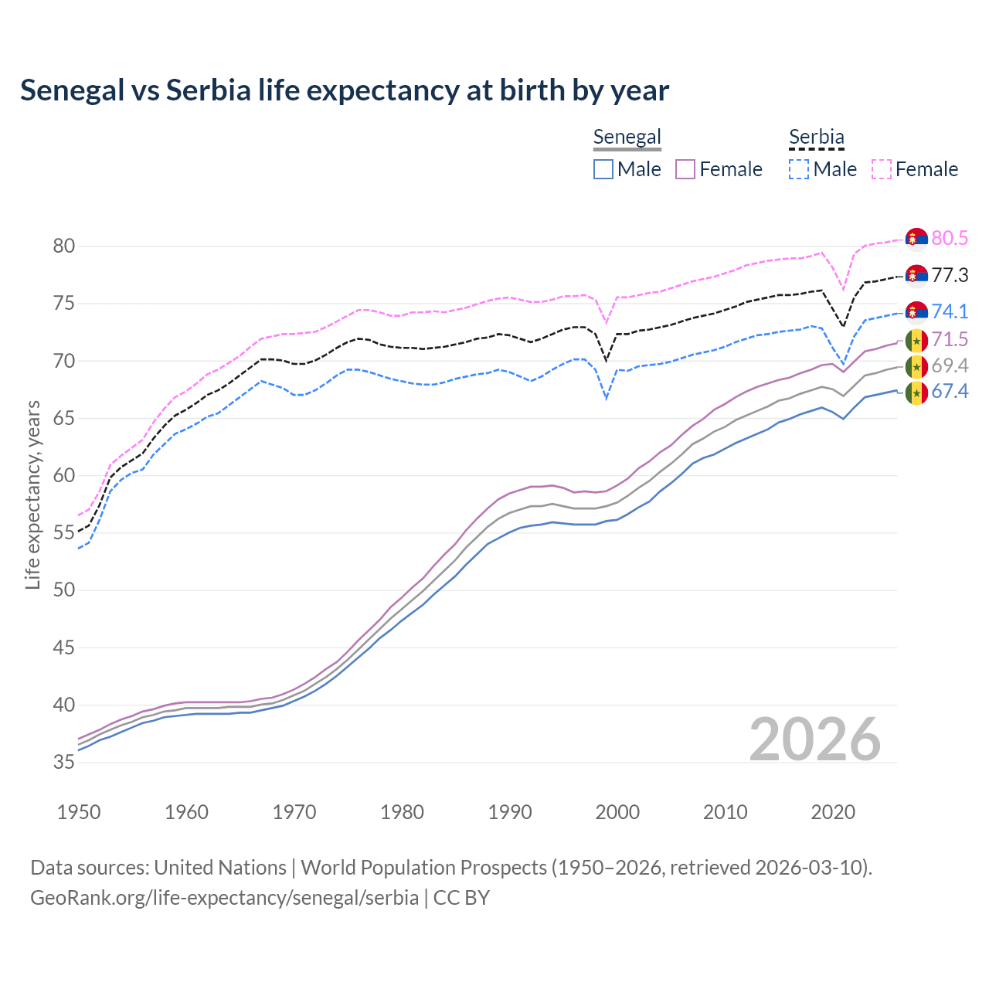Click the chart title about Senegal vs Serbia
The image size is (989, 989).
pos(345,90)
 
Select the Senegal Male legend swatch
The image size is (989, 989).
pos(603,169)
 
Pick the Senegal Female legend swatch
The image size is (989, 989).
pos(685,169)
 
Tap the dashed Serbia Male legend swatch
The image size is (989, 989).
pos(799,169)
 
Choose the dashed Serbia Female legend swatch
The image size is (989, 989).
pos(882,169)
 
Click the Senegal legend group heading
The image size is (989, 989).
pos(627,138)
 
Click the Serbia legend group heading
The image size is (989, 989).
pos(816,138)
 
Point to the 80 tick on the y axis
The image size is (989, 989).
pos(64,246)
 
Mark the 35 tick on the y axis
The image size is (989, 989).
pos(64,763)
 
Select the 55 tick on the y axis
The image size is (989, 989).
pos(64,533)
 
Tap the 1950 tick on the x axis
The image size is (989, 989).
pos(79,812)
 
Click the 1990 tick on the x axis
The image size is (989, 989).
pos(510,812)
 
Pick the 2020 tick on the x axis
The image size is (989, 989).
pos(833,812)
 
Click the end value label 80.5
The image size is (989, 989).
pos(950,238)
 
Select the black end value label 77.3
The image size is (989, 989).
pos(950,275)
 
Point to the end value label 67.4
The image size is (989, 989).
pos(950,392)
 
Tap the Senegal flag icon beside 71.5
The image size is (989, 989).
pos(916,340)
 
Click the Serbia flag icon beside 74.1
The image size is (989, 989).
pos(916,311)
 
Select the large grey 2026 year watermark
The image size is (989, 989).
pos(815,739)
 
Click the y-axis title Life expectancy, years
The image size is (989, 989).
pos(32,494)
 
